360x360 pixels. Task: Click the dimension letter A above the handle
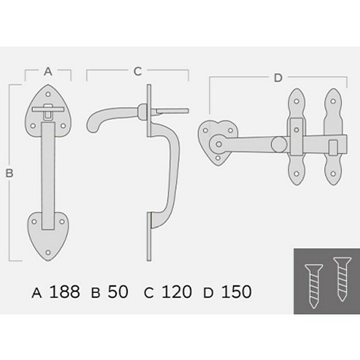click(48, 71)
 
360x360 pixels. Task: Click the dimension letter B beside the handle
click(9, 173)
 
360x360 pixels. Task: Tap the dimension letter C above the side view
click(138, 71)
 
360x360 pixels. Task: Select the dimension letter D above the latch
click(278, 78)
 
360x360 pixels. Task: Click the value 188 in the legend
click(65, 292)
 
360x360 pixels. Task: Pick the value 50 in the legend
click(118, 292)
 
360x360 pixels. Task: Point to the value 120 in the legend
click(176, 292)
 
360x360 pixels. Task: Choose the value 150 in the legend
click(236, 292)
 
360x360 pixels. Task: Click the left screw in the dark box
click(314, 286)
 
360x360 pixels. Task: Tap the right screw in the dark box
click(342, 279)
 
